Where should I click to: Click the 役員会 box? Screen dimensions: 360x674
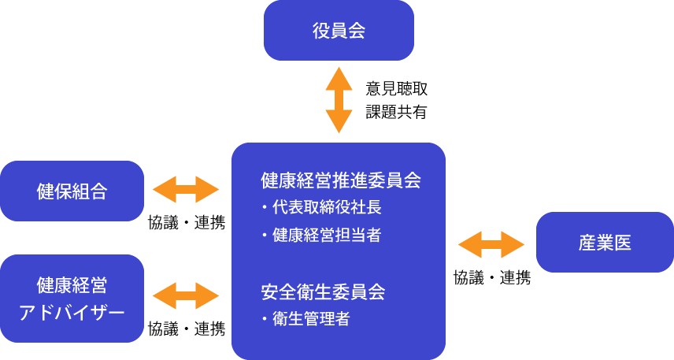tap(339, 31)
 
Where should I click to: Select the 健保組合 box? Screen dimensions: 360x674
tap(72, 191)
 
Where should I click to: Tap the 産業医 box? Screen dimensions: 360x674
tap(605, 243)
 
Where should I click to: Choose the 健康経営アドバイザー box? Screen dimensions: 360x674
tap(72, 298)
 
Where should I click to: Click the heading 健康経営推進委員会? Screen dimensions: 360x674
tap(340, 180)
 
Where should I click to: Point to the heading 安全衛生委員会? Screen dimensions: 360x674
tap(323, 292)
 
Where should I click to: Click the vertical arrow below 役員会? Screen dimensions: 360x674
tap(339, 100)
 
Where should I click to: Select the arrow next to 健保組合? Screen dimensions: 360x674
tap(185, 190)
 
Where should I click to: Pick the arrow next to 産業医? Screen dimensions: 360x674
tap(491, 244)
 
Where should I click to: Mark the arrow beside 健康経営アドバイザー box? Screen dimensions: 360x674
tap(185, 295)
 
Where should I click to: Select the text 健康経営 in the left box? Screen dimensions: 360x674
tap(72, 284)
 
